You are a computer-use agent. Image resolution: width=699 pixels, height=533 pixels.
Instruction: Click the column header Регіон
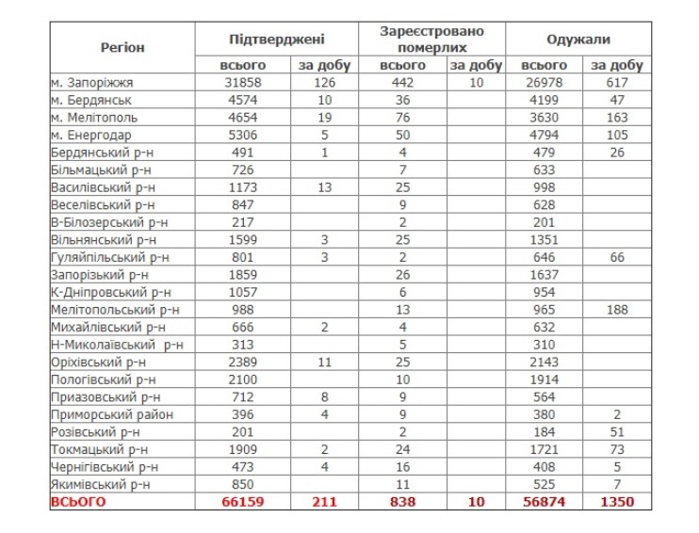coord(122,47)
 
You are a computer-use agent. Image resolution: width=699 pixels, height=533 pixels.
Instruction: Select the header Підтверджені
coord(277,40)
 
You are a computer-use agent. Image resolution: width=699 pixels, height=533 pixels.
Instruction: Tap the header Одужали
coord(578,40)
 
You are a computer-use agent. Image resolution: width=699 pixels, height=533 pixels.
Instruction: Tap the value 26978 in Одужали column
coord(545,83)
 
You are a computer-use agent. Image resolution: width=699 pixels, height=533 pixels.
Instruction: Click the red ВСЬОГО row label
coord(79,502)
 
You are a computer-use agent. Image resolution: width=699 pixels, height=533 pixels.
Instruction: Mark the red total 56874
coord(545,502)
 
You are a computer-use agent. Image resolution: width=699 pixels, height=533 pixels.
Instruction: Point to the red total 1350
coord(617,502)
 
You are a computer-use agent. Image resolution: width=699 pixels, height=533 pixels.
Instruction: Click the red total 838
coord(403,502)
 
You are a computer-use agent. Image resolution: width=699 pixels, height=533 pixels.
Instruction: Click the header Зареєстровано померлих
coord(432,40)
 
